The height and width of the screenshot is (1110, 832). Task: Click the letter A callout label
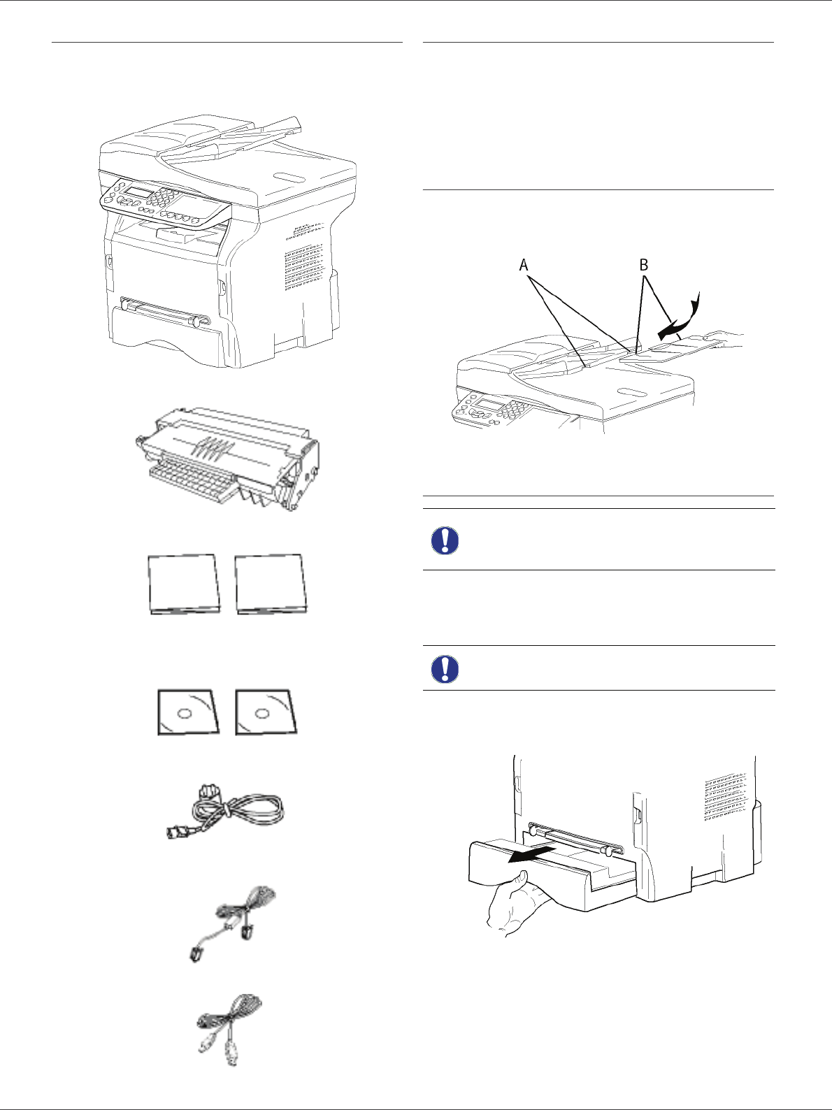[524, 265]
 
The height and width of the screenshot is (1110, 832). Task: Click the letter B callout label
[643, 265]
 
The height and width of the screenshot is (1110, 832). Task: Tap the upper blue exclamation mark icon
[445, 540]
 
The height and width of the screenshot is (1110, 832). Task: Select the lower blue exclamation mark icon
[445, 669]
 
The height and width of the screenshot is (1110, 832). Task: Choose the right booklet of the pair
[271, 584]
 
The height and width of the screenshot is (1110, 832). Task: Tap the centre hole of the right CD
[263, 714]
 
